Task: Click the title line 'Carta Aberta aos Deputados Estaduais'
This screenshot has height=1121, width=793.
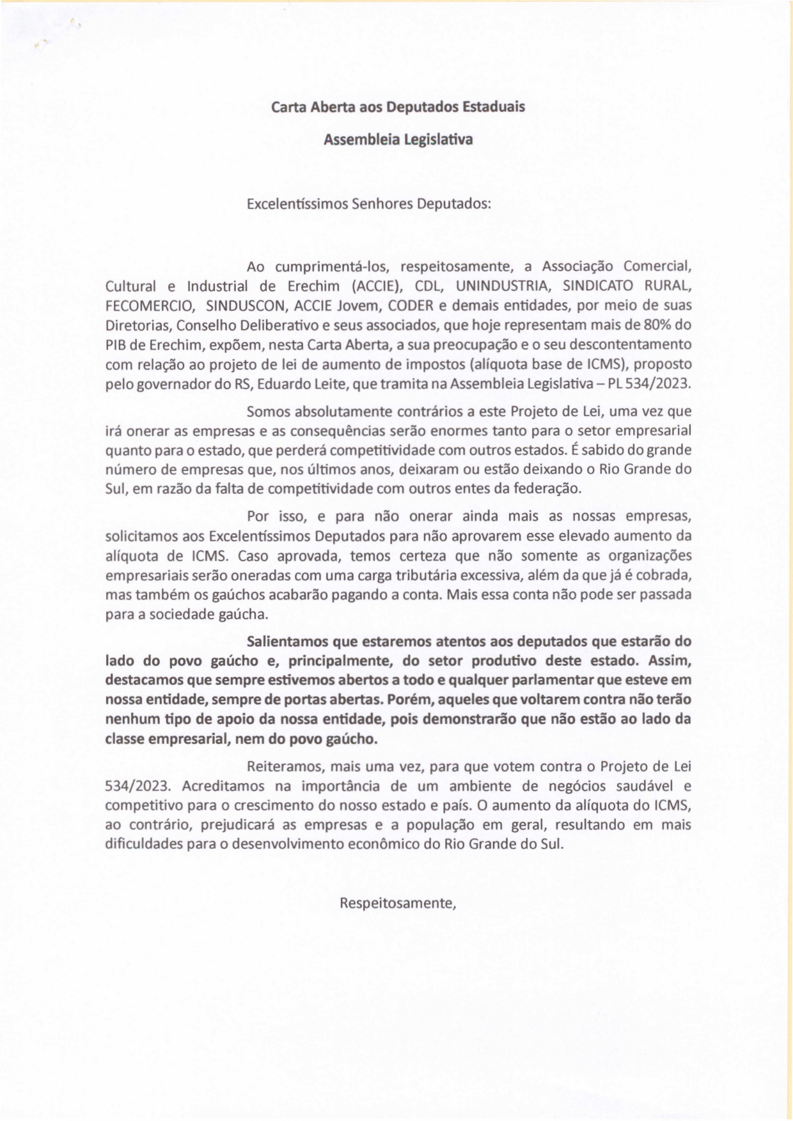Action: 398,107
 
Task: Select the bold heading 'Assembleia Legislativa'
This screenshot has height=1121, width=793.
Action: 398,139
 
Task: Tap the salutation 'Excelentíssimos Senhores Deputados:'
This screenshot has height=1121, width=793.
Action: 369,205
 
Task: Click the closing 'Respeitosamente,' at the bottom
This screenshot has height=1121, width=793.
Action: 397,903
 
